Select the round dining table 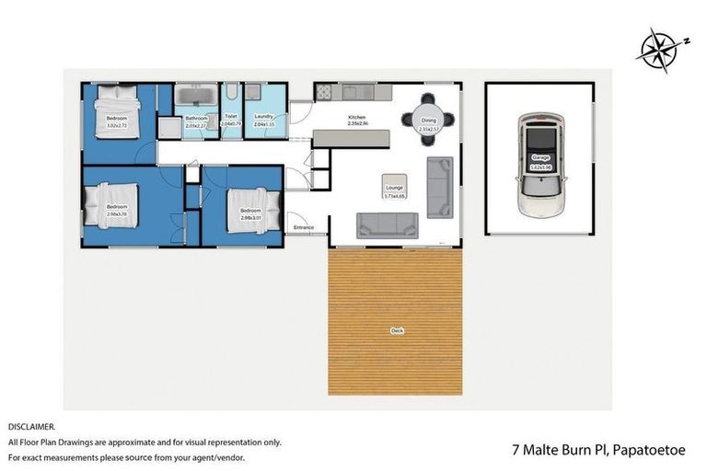click(429, 119)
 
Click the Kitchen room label click(356, 118)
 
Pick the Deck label click(396, 331)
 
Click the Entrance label click(304, 226)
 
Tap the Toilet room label click(231, 117)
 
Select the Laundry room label click(265, 117)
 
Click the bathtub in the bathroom click(196, 95)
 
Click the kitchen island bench click(351, 138)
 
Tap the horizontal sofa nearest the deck click(388, 225)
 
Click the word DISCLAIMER click(32, 427)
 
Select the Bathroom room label click(196, 119)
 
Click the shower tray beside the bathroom click(169, 127)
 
